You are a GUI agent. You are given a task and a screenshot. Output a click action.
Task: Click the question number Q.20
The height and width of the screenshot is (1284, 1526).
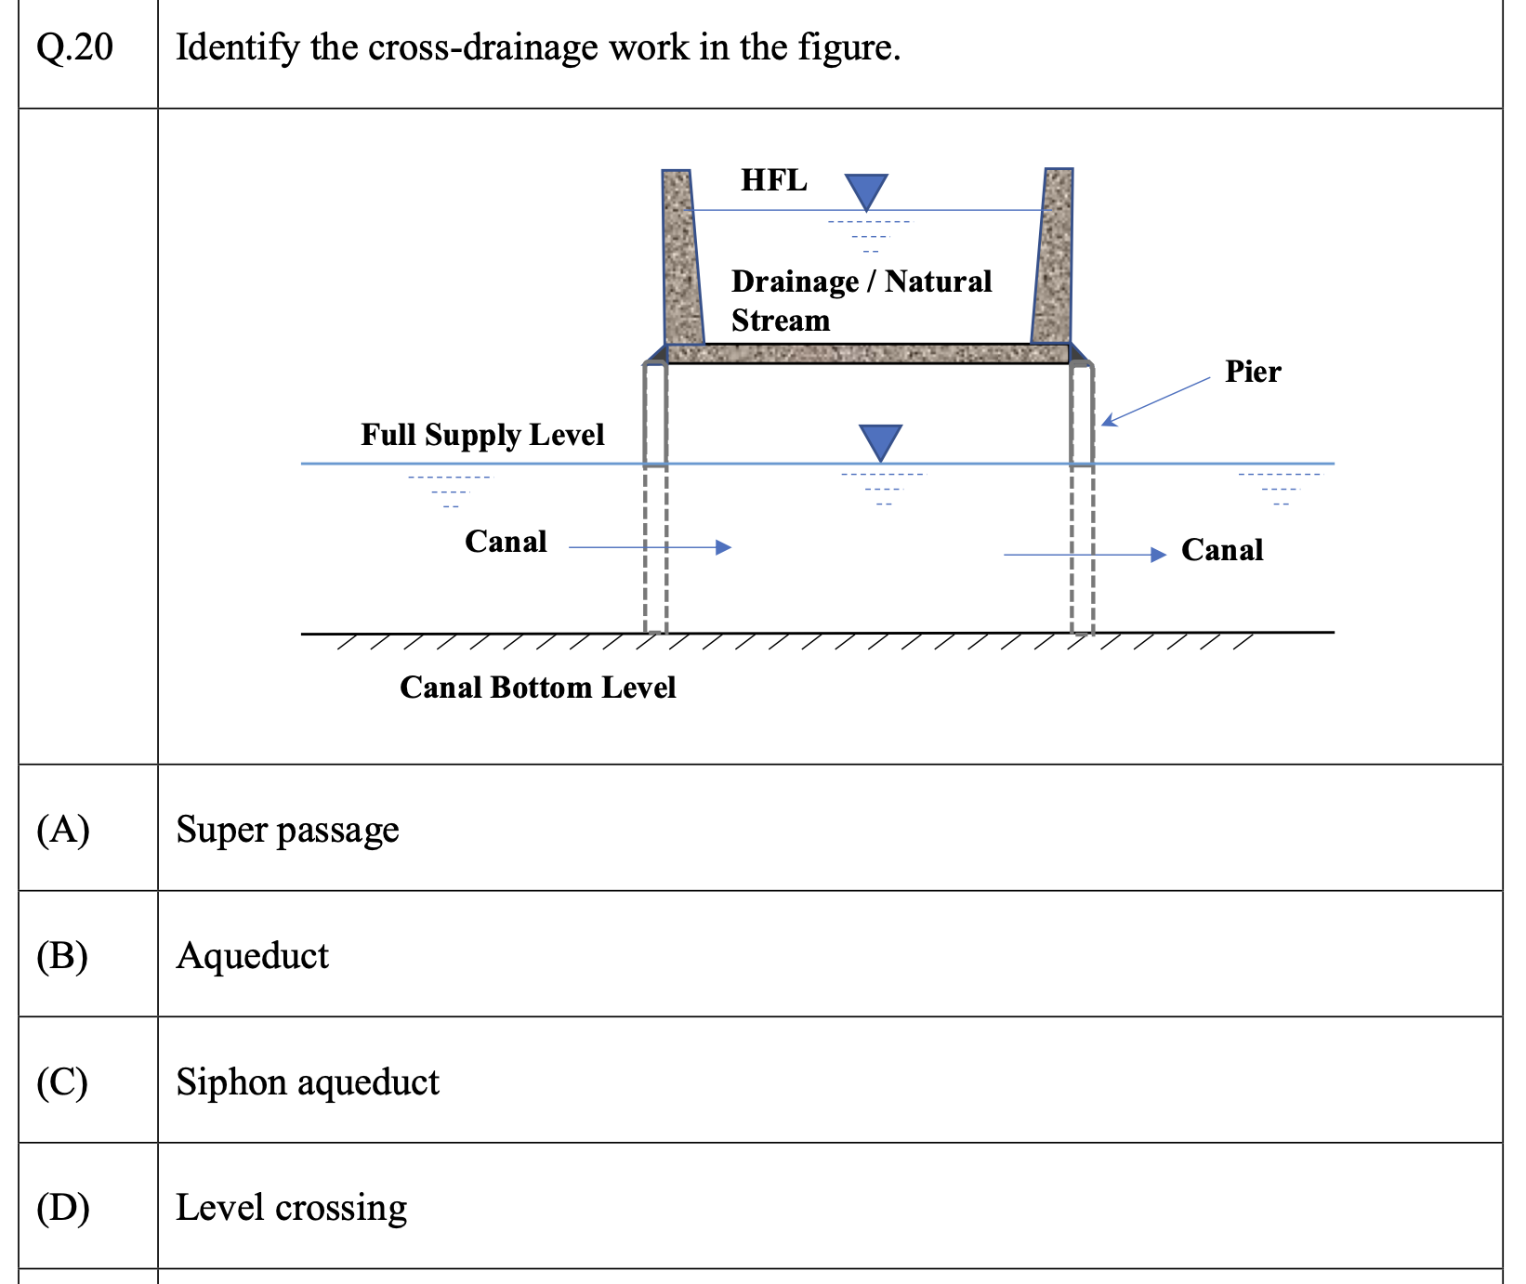click(74, 47)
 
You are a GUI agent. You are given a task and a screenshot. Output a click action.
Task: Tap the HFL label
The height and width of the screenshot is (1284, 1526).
click(773, 180)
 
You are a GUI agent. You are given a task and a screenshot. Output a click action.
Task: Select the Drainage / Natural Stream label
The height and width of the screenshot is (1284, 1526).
click(861, 300)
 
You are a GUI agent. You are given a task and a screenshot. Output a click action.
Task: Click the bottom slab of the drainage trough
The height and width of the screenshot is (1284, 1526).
click(866, 353)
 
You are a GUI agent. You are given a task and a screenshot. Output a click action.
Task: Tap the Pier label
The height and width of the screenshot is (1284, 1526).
click(1252, 372)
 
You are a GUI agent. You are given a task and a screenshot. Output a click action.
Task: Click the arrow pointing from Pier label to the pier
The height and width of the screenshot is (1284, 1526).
click(1156, 401)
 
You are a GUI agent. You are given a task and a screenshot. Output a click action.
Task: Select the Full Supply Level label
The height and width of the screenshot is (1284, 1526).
click(482, 435)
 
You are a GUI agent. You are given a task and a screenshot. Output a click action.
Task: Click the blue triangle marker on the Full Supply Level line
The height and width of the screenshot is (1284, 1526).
click(880, 441)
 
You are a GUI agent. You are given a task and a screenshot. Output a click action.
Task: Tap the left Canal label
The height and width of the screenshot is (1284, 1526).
click(506, 542)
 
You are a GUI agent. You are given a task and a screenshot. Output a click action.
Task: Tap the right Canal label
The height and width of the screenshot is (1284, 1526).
click(1221, 550)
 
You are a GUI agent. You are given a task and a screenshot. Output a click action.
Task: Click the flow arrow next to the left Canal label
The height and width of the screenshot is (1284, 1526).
click(650, 547)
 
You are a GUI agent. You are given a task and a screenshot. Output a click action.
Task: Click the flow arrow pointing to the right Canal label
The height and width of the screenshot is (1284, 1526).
click(1085, 555)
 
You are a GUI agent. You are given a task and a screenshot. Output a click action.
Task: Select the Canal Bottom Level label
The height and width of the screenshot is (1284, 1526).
click(537, 688)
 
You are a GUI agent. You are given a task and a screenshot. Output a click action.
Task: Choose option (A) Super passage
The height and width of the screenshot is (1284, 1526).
click(287, 829)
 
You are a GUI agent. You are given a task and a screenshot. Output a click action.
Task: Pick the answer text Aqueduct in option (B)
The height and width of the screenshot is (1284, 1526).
click(252, 955)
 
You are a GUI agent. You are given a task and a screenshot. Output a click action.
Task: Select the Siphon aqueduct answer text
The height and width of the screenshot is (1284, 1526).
click(308, 1081)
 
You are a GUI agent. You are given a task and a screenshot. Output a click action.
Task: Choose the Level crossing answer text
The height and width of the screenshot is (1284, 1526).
click(291, 1207)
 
